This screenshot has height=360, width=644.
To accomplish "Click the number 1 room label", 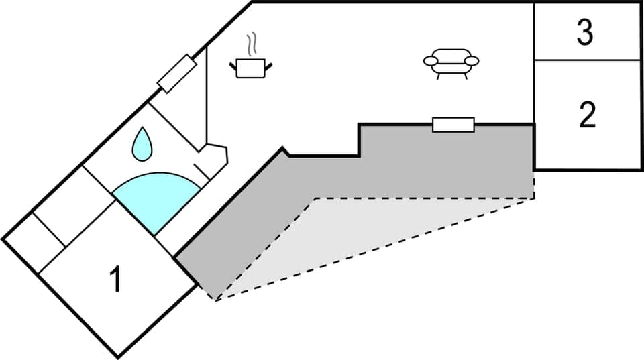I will click(115, 280).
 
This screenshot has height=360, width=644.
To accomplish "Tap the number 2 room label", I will click(586, 115).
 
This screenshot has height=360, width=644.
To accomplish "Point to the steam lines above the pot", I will click(252, 45).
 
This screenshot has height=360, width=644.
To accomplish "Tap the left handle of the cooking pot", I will click(233, 65).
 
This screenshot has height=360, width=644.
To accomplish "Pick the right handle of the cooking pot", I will click(269, 65).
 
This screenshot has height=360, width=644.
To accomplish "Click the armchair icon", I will click(451, 62).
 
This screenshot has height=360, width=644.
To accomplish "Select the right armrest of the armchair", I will click(471, 61).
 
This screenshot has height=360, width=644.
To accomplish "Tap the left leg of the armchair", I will click(439, 76).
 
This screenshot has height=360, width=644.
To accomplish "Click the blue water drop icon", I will click(141, 144).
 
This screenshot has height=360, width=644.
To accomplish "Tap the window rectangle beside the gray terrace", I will click(453, 125).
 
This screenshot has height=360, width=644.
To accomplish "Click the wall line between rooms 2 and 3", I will click(588, 60).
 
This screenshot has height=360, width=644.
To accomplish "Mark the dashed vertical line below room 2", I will click(534, 184).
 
